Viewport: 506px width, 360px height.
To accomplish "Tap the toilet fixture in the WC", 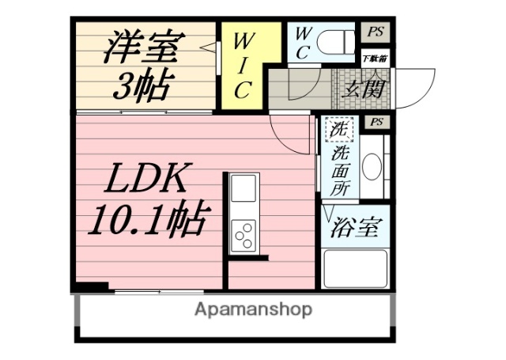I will point(336,39).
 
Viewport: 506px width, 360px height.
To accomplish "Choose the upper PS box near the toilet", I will point(376,32).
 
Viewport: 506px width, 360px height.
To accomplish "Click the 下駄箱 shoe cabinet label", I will point(375,58).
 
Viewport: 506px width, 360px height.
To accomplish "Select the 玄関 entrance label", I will point(364,87).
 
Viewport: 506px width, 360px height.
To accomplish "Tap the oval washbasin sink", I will point(372,166).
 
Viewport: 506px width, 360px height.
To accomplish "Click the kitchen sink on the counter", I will point(244,191).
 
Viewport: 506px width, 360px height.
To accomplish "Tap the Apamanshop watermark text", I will point(253,309).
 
